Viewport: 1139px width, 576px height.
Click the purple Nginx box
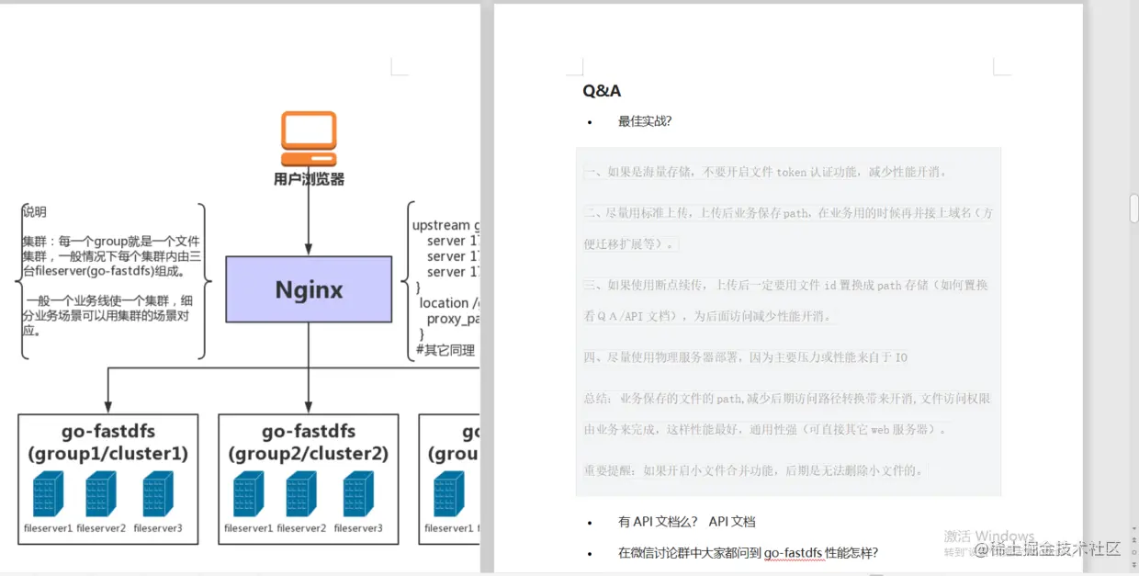tap(309, 289)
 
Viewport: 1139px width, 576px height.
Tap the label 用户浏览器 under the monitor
tap(309, 179)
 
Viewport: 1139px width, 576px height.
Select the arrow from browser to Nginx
tap(309, 220)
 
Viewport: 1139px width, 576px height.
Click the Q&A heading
tap(602, 91)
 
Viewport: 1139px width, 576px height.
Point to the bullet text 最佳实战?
tap(645, 121)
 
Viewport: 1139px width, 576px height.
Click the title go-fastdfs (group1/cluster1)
tap(107, 442)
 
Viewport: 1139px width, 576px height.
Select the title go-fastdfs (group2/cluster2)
tap(308, 442)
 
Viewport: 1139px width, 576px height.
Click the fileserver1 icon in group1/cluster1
tap(48, 493)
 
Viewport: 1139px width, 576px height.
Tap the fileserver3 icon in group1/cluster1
tap(158, 493)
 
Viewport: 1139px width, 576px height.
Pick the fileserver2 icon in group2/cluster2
tap(301, 493)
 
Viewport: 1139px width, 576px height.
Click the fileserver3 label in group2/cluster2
tap(358, 528)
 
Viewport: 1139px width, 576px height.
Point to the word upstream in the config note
tap(440, 226)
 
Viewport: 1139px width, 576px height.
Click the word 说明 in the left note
tap(35, 211)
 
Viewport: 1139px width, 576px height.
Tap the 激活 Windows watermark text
tap(988, 536)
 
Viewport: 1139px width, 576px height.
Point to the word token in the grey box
tap(791, 172)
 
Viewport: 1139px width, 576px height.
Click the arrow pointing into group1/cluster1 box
tap(108, 404)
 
